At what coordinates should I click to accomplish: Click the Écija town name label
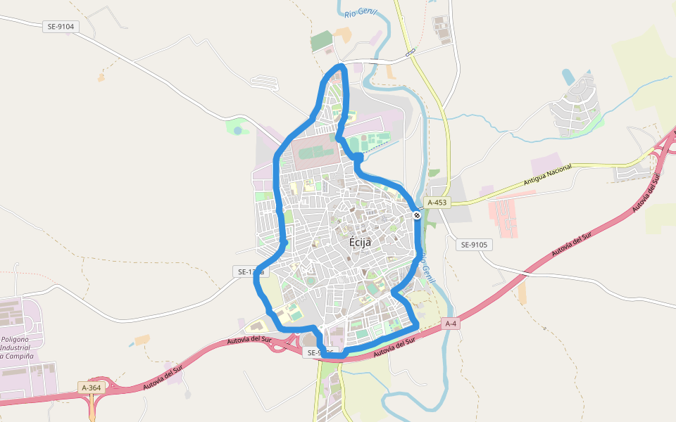pyautogui.click(x=360, y=242)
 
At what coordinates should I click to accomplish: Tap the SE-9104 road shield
pyautogui.click(x=61, y=27)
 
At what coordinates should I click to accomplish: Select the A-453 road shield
pyautogui.click(x=437, y=203)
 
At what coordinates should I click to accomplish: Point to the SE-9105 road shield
pyautogui.click(x=474, y=245)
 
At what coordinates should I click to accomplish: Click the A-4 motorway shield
pyautogui.click(x=451, y=324)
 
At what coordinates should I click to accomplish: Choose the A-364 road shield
pyautogui.click(x=92, y=388)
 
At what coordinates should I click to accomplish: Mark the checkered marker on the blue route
pyautogui.click(x=417, y=216)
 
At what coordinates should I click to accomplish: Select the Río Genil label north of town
pyautogui.click(x=361, y=10)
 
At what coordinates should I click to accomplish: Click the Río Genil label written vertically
pyautogui.click(x=425, y=268)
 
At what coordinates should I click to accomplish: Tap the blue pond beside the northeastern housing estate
pyautogui.click(x=568, y=76)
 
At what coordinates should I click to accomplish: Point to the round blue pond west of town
pyautogui.click(x=238, y=131)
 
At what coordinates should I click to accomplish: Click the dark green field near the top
pyautogui.click(x=322, y=41)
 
